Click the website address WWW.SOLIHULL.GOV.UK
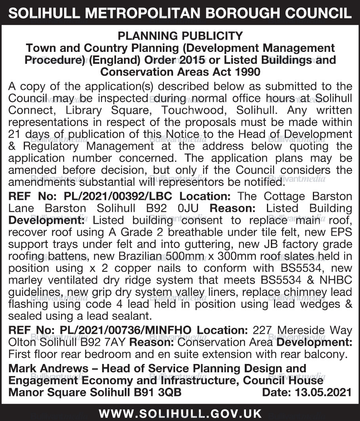click(x=180, y=414)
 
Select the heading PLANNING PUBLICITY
click(x=180, y=36)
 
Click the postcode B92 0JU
click(x=181, y=208)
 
